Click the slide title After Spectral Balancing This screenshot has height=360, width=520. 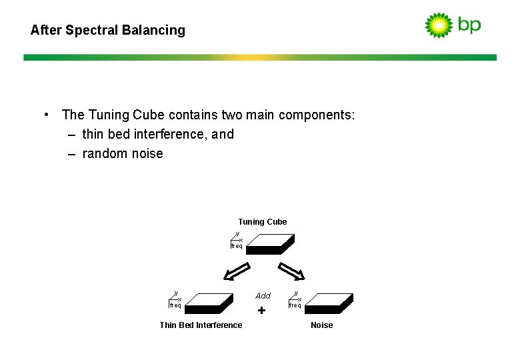coord(108,30)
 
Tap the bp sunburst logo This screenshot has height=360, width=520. coord(439,25)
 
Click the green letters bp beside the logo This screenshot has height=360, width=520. coord(469,25)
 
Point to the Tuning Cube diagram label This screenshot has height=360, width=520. coord(263,222)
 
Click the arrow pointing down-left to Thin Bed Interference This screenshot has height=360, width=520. coord(236,272)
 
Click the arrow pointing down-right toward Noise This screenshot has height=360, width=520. coord(291,272)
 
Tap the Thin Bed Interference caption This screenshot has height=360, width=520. coord(201,325)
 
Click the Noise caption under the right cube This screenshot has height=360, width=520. coord(321,325)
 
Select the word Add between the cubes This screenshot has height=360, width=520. coord(263,295)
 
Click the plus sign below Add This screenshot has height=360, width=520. coord(261,311)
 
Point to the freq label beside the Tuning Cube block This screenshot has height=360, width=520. coord(237,246)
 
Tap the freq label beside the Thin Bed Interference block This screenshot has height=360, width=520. coord(175,305)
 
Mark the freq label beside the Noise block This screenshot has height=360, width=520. coord(295,305)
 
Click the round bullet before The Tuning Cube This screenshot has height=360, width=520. coord(46,114)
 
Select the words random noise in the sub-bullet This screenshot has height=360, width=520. coord(123,154)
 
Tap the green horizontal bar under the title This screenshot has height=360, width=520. coord(260,57)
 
